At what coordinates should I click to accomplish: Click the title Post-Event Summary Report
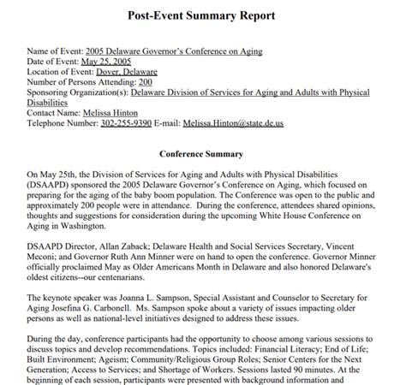(202, 15)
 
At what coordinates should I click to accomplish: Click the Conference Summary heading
(202, 130)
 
